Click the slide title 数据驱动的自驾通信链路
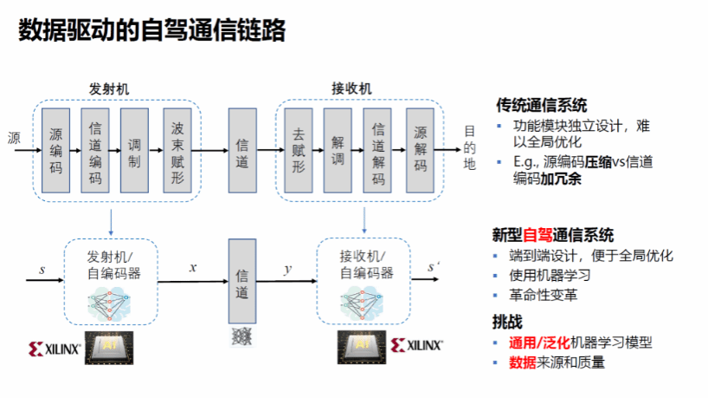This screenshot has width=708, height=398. click(x=151, y=31)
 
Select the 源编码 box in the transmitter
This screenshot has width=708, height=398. click(x=56, y=149)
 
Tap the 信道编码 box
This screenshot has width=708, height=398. click(x=96, y=149)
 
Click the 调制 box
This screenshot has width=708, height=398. click(x=135, y=149)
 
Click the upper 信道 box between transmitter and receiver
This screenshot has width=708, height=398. click(x=242, y=149)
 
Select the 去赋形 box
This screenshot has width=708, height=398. click(x=299, y=149)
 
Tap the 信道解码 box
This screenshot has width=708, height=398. click(x=378, y=149)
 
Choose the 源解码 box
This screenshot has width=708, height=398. click(x=420, y=149)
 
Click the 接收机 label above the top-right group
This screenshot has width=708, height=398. click(x=351, y=89)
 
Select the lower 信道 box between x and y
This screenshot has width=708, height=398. click(x=242, y=283)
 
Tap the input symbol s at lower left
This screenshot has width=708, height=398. click(x=42, y=269)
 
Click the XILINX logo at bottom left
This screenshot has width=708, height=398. click(x=54, y=349)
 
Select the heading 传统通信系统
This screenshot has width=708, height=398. click(x=541, y=106)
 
